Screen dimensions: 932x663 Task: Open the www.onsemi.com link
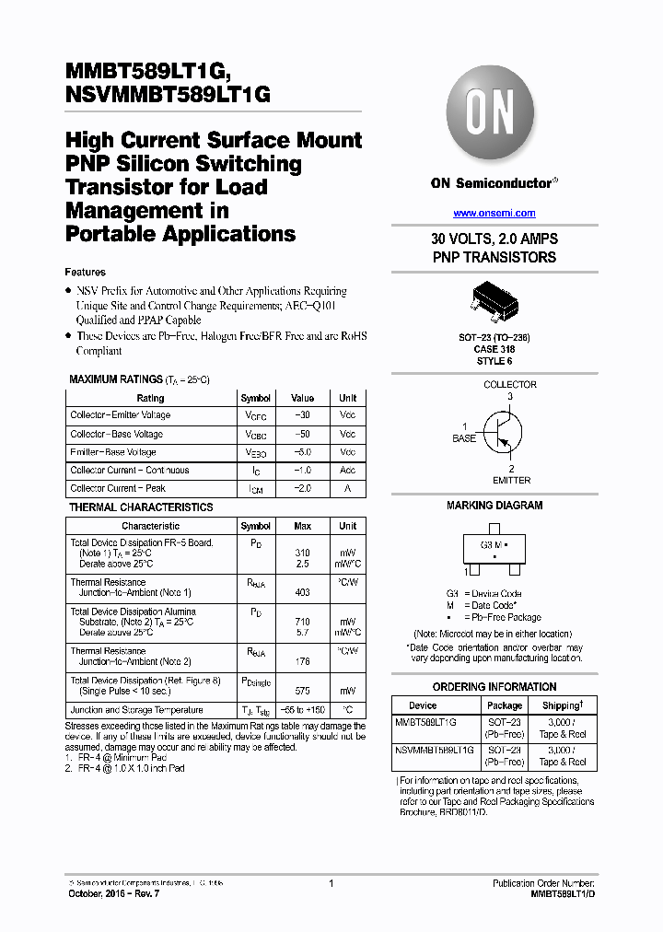(x=494, y=212)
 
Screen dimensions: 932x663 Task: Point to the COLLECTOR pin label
(x=510, y=385)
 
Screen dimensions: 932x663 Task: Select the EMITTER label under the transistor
(x=511, y=480)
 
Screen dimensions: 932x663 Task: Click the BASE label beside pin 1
(x=464, y=438)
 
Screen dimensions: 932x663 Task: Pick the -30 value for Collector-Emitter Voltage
(x=302, y=415)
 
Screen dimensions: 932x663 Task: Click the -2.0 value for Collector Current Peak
(x=302, y=488)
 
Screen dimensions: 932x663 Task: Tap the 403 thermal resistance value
(x=302, y=593)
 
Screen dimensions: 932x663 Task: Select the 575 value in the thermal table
(x=302, y=690)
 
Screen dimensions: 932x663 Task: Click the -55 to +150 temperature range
(x=302, y=710)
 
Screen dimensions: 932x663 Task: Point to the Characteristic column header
(x=150, y=526)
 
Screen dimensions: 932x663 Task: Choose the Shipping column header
(x=562, y=705)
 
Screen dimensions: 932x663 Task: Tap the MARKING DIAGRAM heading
(x=494, y=506)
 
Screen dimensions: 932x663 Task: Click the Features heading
(x=85, y=273)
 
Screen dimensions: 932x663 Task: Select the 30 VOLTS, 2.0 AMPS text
(x=494, y=239)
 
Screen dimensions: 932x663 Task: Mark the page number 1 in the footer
(x=331, y=883)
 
